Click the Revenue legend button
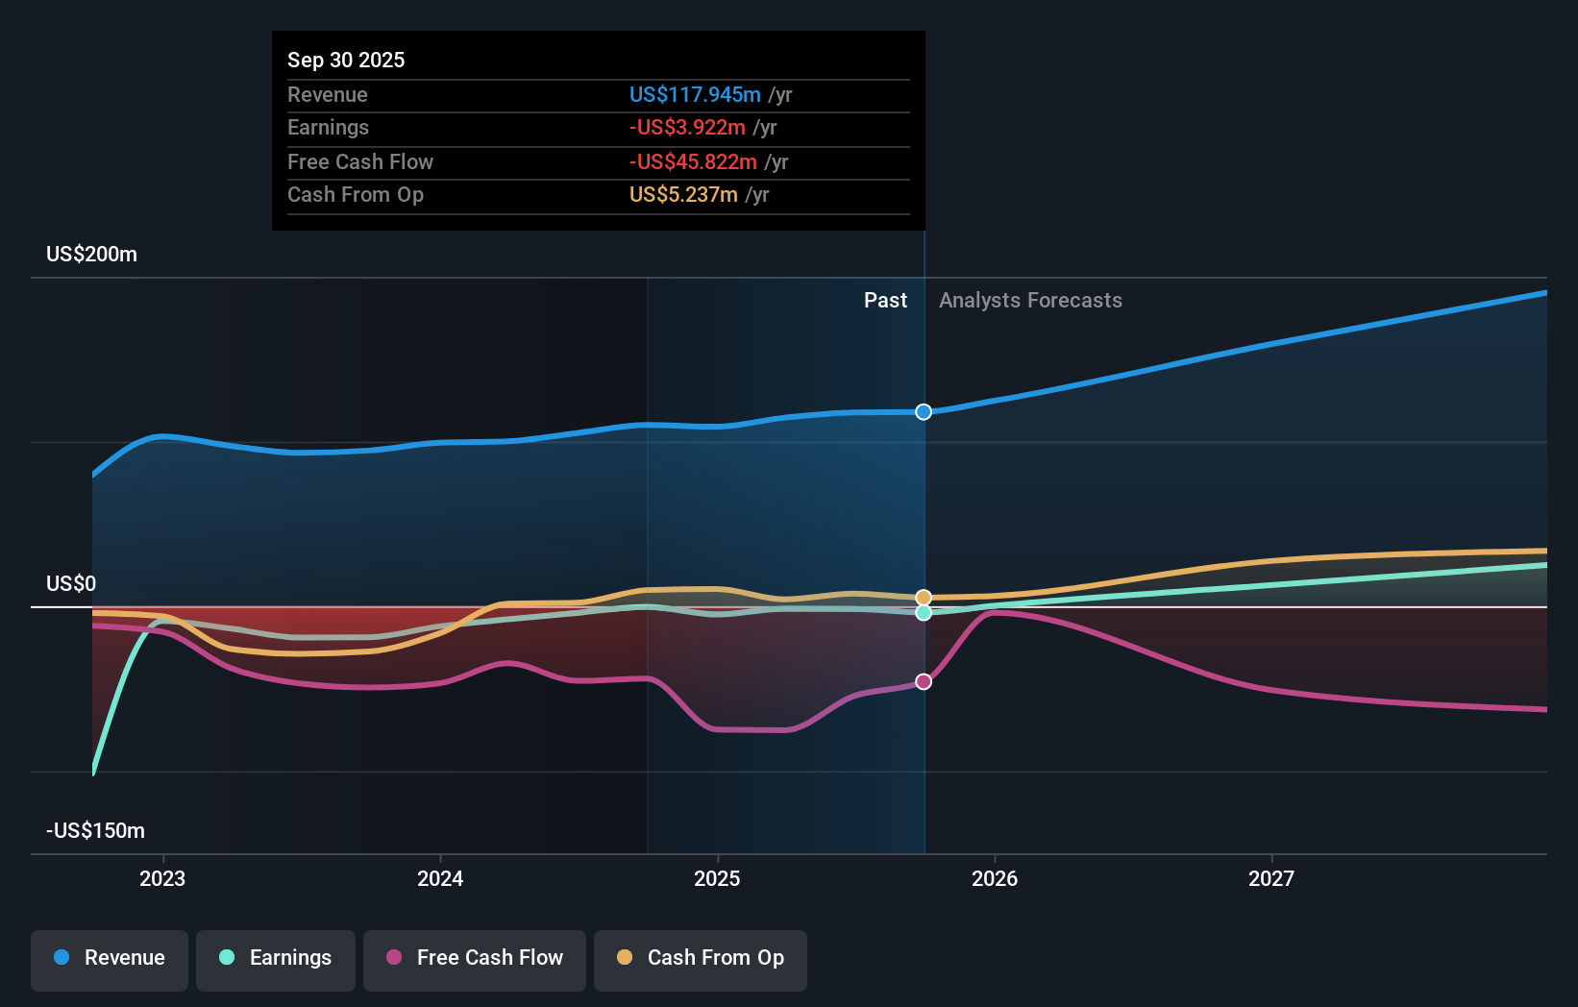click(110, 958)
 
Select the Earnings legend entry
click(276, 958)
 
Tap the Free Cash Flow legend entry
click(475, 958)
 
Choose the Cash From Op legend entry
click(701, 958)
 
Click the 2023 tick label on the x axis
click(162, 878)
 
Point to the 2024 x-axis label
click(440, 878)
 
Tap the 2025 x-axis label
click(717, 878)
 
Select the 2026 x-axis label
click(995, 878)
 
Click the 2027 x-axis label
click(1271, 878)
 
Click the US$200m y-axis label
click(92, 255)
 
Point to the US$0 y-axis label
click(71, 584)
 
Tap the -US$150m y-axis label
click(96, 831)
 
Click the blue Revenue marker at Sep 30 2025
click(924, 412)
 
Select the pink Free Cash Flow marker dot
click(924, 681)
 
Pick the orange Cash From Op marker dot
click(924, 598)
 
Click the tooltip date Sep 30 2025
click(346, 60)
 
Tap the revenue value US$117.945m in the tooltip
click(695, 94)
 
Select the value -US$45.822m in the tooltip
click(693, 161)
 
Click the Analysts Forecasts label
click(1030, 301)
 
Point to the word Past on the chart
click(885, 301)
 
